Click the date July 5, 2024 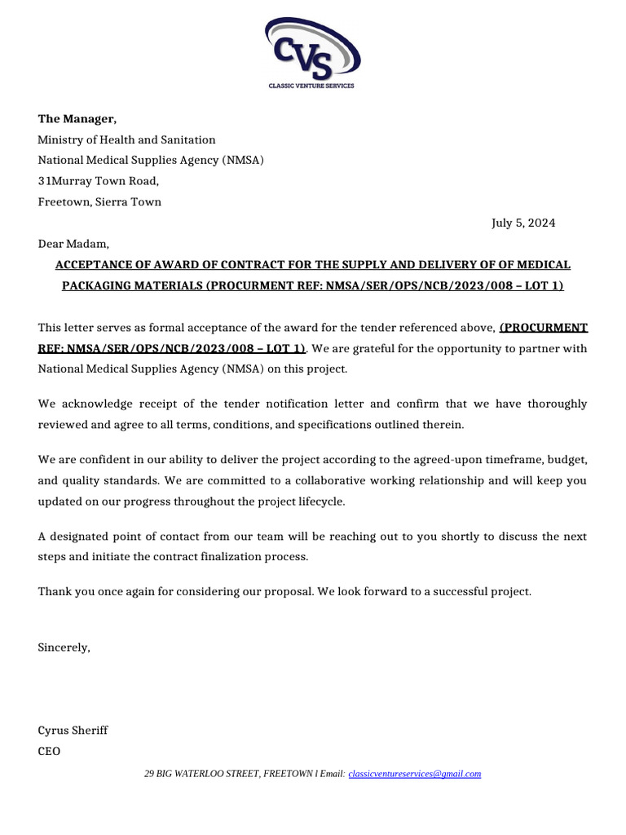[522, 223]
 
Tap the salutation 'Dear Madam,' [73, 244]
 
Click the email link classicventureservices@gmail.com [414, 774]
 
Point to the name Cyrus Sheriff [73, 730]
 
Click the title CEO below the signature [49, 751]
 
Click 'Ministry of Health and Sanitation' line [126, 140]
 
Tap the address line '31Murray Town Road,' [98, 181]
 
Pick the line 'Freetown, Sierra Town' [99, 201]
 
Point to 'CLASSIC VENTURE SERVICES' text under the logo [312, 86]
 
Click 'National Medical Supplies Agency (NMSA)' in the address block [151, 161]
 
